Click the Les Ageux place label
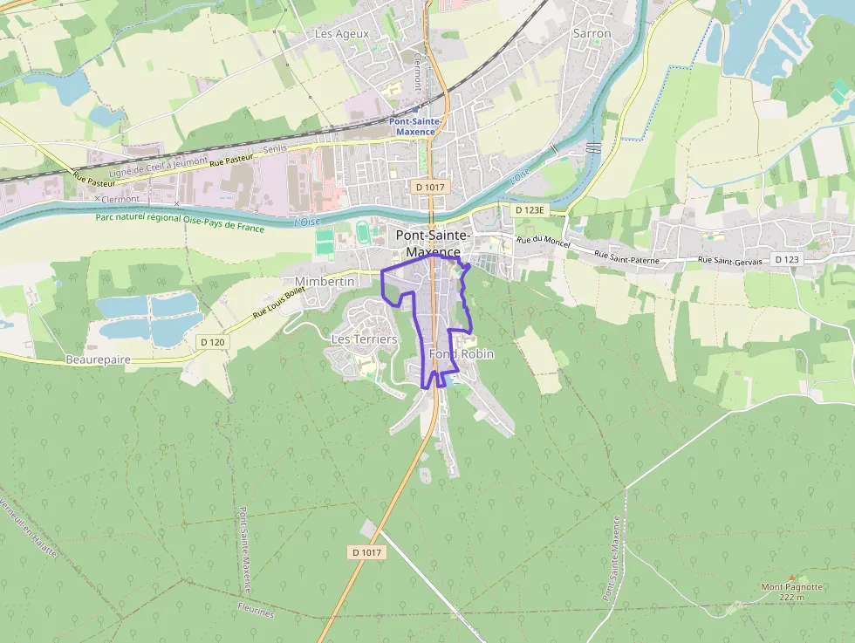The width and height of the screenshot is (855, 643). click(341, 34)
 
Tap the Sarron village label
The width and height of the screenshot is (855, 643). click(592, 33)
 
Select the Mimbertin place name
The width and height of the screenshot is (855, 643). click(325, 282)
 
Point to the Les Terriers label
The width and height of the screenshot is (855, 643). click(364, 339)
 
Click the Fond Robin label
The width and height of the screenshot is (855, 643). click(462, 354)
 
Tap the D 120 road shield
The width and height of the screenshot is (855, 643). click(212, 342)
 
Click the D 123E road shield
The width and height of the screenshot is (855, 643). click(529, 210)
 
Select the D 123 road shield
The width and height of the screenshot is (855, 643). click(787, 260)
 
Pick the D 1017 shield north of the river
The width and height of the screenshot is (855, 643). click(430, 187)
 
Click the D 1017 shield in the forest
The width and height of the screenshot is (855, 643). click(366, 552)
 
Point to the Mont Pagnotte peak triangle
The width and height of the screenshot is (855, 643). click(791, 577)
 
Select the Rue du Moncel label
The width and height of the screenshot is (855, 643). click(543, 242)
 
